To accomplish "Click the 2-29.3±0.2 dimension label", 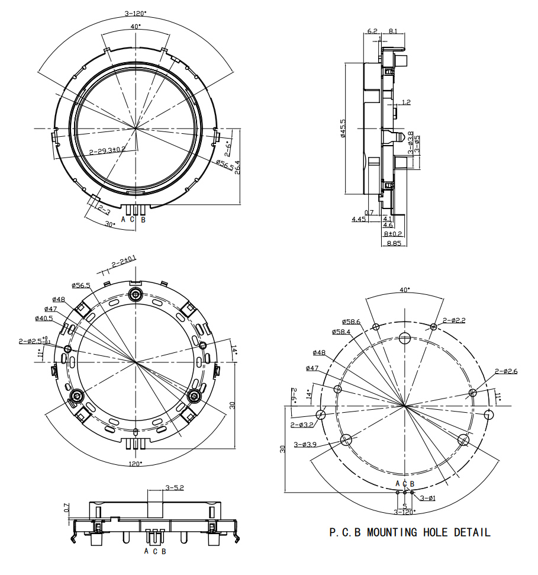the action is [x=107, y=150].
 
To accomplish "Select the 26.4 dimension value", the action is [x=237, y=166].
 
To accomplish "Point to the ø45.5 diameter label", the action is [x=343, y=128].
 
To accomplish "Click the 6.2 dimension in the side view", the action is [x=372, y=31].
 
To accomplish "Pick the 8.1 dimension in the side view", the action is [x=392, y=31].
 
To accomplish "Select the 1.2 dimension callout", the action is [x=406, y=102].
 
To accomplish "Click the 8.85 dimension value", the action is [x=394, y=243].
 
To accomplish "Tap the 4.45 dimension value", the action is [x=359, y=219].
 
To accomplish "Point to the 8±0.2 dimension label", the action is [x=393, y=233].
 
